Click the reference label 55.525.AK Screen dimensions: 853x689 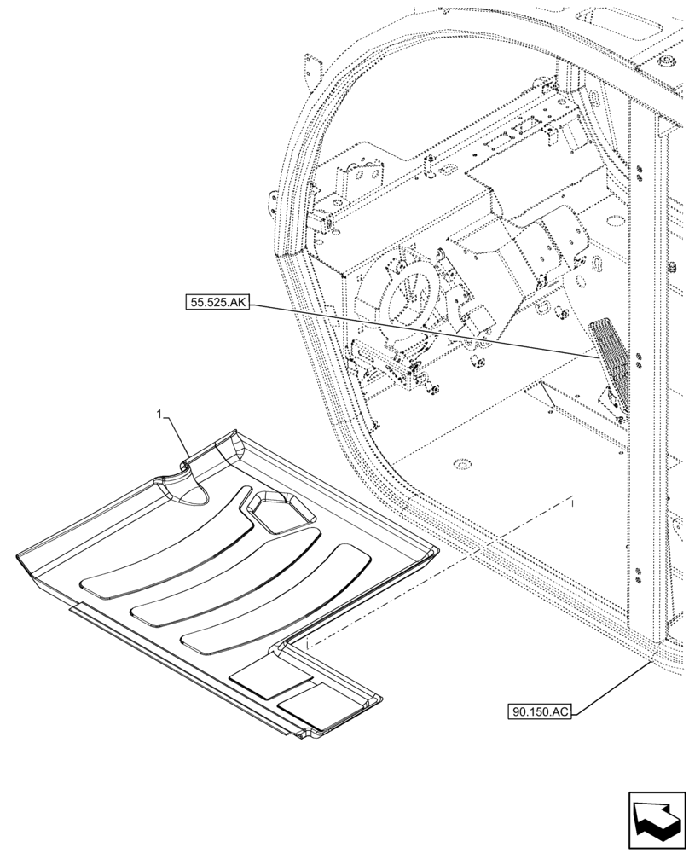click(x=215, y=302)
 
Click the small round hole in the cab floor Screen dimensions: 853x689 click(x=461, y=464)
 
